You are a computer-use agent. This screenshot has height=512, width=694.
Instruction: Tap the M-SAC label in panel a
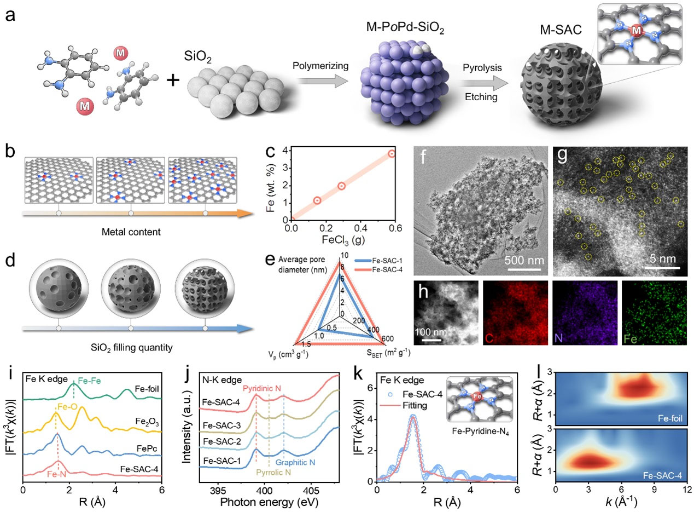(x=561, y=30)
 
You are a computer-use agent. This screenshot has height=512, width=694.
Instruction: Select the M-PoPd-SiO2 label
(x=405, y=28)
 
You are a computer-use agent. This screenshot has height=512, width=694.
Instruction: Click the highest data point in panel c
(x=392, y=154)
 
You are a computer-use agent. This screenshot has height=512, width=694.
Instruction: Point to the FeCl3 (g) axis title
(x=343, y=240)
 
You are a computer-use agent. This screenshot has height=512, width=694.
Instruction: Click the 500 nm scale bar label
(x=524, y=260)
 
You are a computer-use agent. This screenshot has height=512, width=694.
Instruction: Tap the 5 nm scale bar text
(x=663, y=258)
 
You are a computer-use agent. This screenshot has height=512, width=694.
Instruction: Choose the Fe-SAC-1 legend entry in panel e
(x=378, y=261)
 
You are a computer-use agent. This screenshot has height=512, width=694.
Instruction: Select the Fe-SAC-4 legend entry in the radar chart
(x=378, y=269)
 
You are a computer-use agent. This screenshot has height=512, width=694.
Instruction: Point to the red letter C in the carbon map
(x=489, y=338)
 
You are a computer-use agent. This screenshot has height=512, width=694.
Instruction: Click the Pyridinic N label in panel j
(x=262, y=388)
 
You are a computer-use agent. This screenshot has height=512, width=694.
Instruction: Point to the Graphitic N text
(x=295, y=462)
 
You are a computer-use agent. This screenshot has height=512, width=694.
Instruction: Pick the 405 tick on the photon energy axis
(x=311, y=492)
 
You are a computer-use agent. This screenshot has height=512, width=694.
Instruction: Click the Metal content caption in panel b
(x=131, y=232)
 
